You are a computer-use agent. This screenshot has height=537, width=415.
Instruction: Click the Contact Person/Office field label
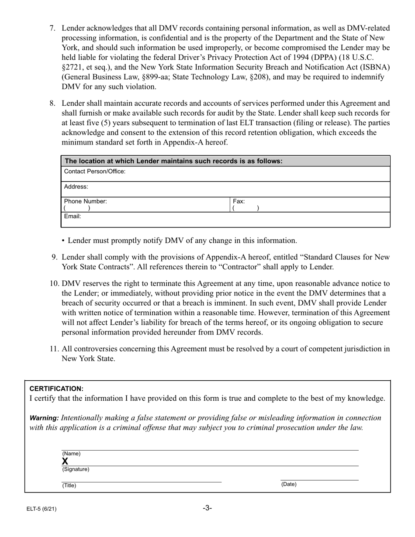(95, 172)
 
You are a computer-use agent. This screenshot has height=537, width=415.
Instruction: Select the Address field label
(76, 187)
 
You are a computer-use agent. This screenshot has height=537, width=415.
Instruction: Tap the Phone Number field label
(86, 202)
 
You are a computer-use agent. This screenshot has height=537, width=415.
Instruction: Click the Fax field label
(239, 202)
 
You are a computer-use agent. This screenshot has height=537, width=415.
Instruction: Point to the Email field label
(73, 217)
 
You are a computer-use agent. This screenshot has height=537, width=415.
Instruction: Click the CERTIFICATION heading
(56, 389)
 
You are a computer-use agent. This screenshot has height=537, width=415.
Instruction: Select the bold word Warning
(44, 418)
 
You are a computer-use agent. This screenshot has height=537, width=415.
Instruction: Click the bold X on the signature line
(65, 461)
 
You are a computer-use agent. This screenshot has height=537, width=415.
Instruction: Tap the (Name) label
(71, 454)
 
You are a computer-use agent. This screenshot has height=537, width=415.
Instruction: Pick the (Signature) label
(76, 470)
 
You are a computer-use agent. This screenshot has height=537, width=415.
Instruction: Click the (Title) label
(69, 485)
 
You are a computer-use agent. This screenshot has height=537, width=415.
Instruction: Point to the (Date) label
(288, 484)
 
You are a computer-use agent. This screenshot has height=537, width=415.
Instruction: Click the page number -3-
(207, 508)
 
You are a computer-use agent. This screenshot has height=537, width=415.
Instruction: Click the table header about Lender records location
(173, 161)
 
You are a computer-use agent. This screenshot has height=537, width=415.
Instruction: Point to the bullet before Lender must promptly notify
(64, 241)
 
